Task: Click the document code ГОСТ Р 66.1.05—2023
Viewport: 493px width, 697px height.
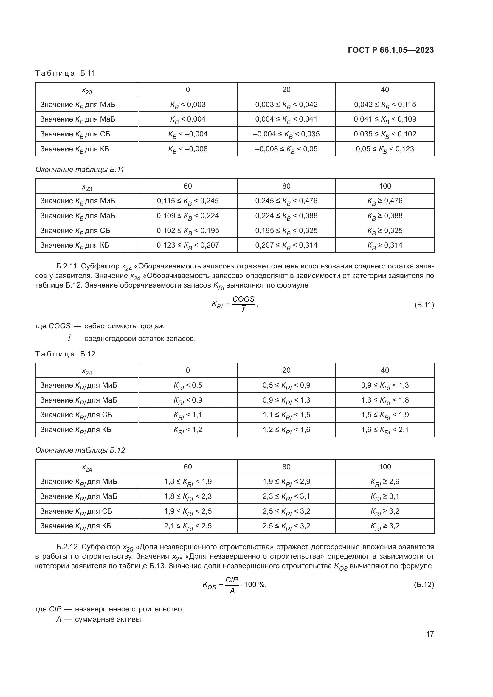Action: tap(391, 50)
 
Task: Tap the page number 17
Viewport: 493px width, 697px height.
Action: tap(430, 634)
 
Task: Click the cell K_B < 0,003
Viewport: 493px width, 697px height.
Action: tap(187, 105)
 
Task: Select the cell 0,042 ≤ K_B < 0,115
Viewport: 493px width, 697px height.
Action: tap(385, 105)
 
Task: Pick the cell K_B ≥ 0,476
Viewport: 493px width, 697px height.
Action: tap(385, 201)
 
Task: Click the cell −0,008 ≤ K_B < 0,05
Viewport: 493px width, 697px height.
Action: tap(286, 149)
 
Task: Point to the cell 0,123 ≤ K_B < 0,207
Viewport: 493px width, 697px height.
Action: tap(187, 245)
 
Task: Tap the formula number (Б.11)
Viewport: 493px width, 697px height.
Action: tap(424, 305)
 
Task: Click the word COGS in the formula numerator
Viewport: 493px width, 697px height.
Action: tap(244, 299)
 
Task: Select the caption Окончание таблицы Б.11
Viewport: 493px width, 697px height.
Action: tap(80, 170)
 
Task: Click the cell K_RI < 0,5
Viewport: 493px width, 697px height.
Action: tap(187, 385)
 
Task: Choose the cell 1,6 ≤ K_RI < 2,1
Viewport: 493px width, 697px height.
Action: tap(385, 430)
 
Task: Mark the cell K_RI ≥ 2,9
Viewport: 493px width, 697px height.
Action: tap(385, 482)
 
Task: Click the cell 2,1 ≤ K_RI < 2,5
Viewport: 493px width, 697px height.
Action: tap(187, 526)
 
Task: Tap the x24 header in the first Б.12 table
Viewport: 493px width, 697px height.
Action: tap(87, 371)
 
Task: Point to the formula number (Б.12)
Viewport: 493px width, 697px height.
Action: tap(424, 585)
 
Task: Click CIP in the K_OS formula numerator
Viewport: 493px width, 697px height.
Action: tap(232, 580)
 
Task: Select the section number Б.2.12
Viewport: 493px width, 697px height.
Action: tap(67, 547)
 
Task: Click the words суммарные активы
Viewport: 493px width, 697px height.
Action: tap(109, 619)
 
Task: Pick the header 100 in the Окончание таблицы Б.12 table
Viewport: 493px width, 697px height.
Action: tap(385, 467)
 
